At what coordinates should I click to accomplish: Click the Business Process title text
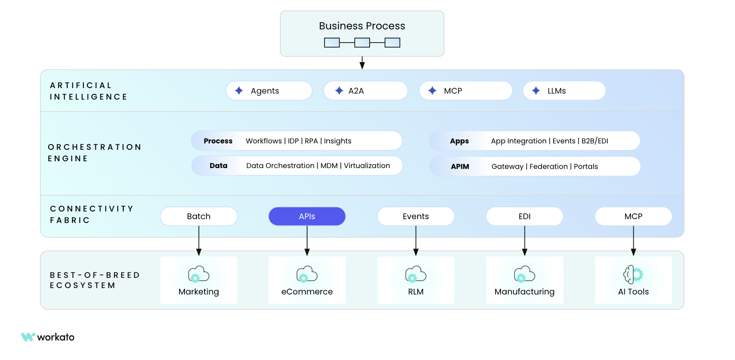[x=362, y=26]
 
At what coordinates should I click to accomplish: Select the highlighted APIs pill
[x=307, y=216]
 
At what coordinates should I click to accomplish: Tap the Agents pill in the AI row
[x=269, y=91]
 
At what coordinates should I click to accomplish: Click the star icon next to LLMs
[x=536, y=91]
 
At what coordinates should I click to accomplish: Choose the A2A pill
[x=365, y=91]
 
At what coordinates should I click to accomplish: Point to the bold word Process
[x=218, y=141]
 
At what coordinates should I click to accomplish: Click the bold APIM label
[x=460, y=166]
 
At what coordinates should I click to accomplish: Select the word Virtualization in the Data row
[x=367, y=166]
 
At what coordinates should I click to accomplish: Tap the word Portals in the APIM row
[x=586, y=166]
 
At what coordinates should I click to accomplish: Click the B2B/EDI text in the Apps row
[x=595, y=141]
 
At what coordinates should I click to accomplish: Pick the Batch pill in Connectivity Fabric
[x=199, y=216]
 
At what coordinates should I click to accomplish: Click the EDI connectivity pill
[x=524, y=216]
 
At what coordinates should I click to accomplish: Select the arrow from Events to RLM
[x=416, y=240]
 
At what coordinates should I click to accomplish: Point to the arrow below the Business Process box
[x=362, y=63]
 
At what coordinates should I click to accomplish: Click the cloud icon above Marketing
[x=199, y=274]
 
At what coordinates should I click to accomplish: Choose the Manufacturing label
[x=524, y=291]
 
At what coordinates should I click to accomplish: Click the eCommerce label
[x=307, y=291]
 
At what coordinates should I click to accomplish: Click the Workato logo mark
[x=28, y=337]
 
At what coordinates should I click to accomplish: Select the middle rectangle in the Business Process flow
[x=362, y=43]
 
